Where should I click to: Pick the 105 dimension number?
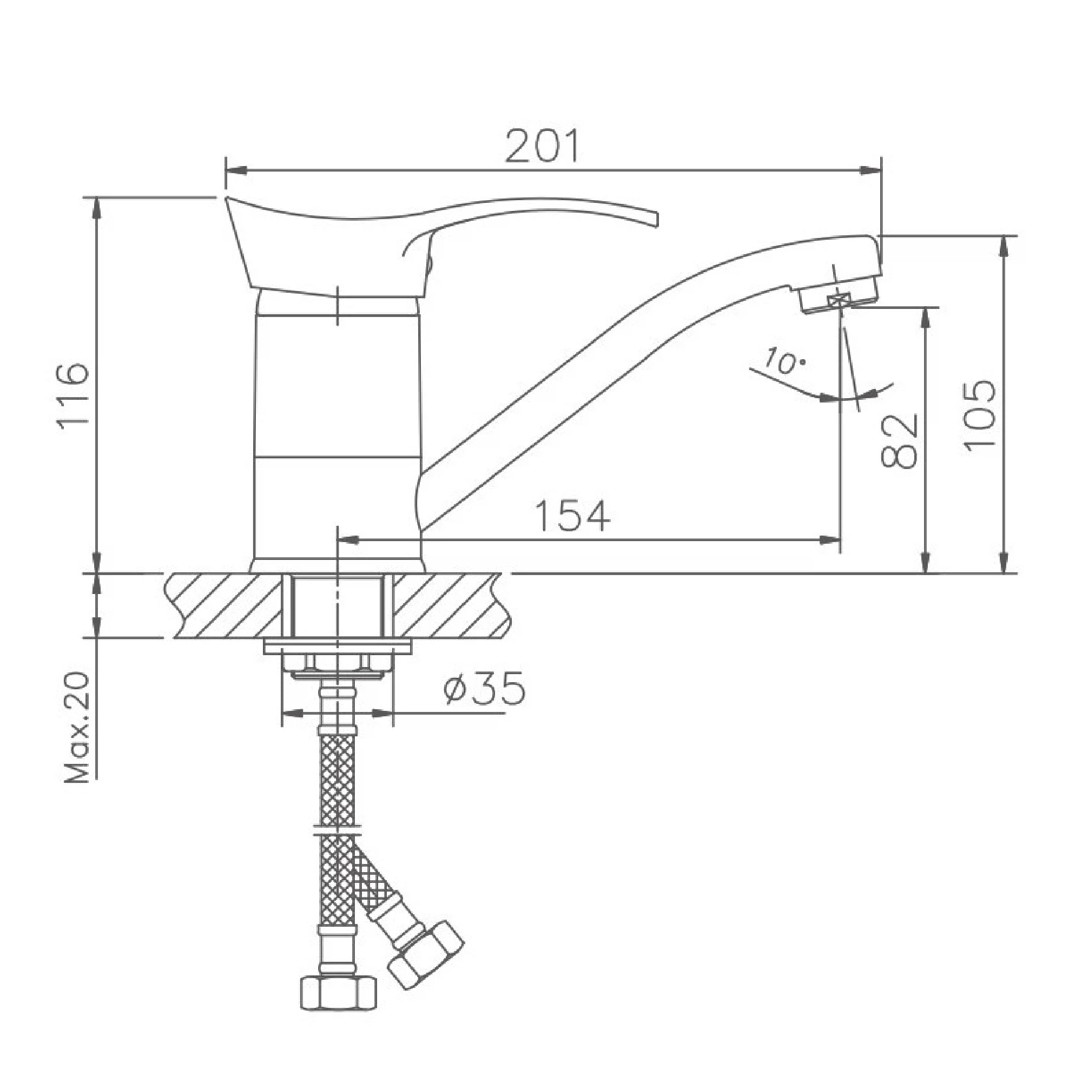(x=980, y=414)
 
